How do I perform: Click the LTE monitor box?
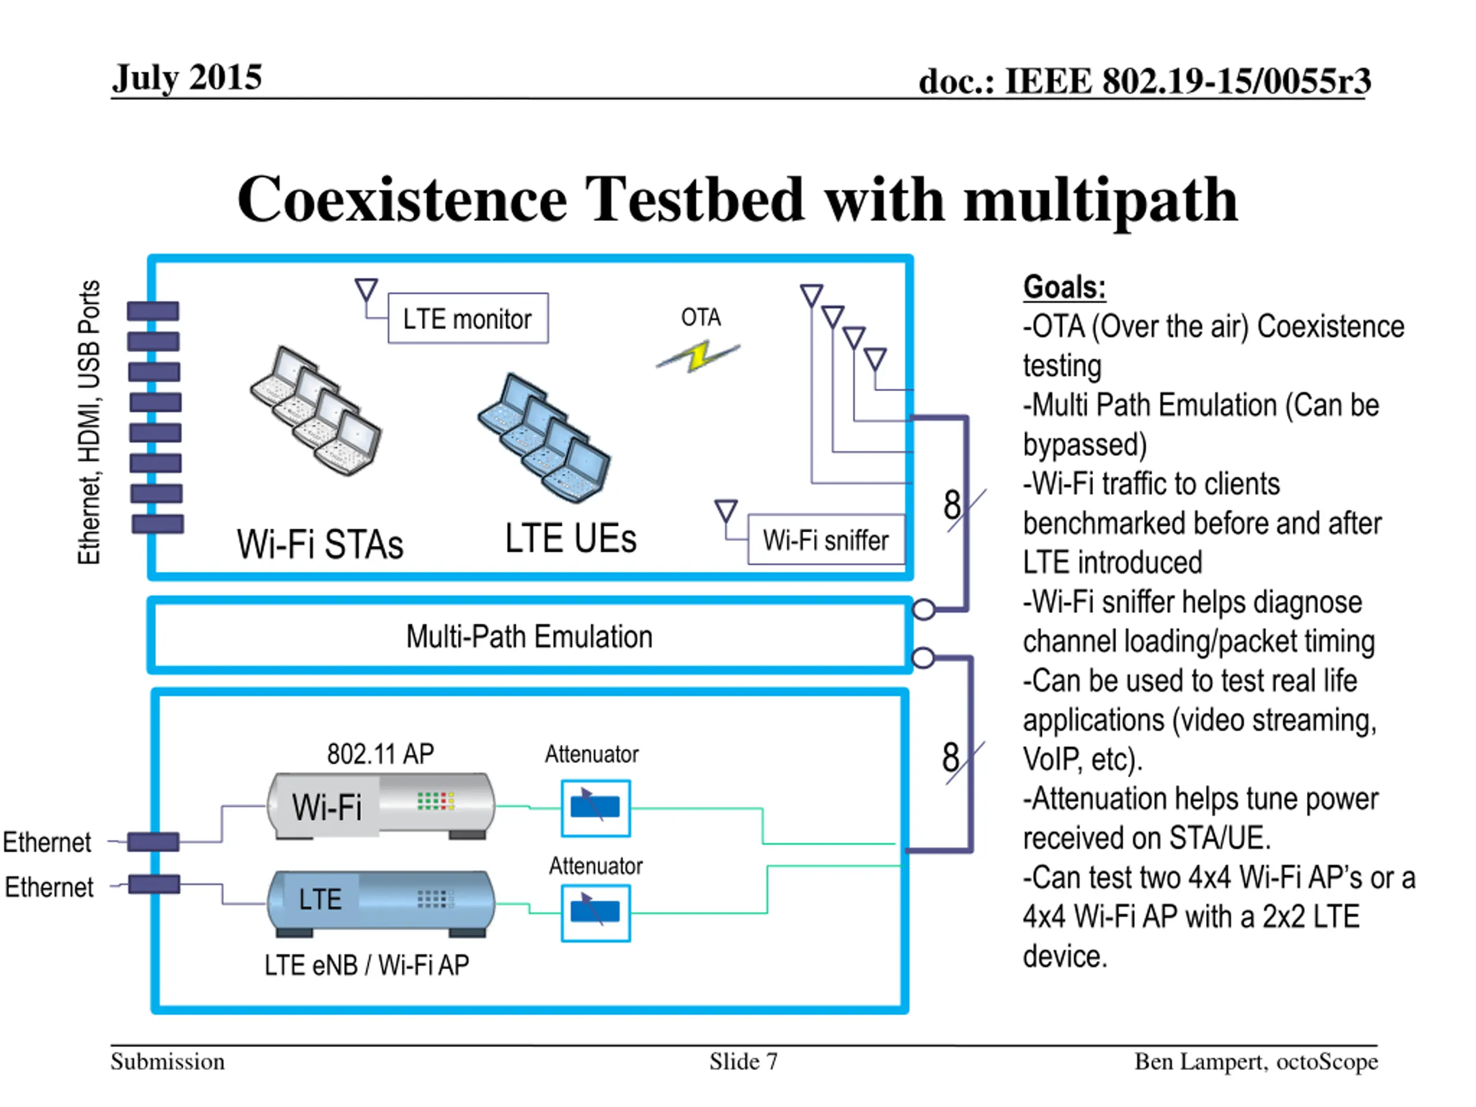(468, 318)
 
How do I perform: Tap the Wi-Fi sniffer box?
(826, 539)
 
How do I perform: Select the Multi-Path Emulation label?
(529, 637)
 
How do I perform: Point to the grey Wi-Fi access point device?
(381, 805)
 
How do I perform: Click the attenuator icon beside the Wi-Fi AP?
(595, 807)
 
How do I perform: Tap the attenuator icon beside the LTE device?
(595, 912)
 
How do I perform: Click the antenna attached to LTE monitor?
(366, 289)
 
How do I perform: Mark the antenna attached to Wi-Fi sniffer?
(725, 511)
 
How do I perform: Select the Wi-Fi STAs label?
(321, 544)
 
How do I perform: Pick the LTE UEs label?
(571, 539)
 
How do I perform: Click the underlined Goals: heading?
(1064, 288)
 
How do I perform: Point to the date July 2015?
(187, 77)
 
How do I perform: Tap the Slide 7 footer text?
(743, 1061)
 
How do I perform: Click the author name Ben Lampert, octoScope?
(1256, 1061)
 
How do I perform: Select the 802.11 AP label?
(381, 754)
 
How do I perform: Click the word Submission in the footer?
(167, 1061)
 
